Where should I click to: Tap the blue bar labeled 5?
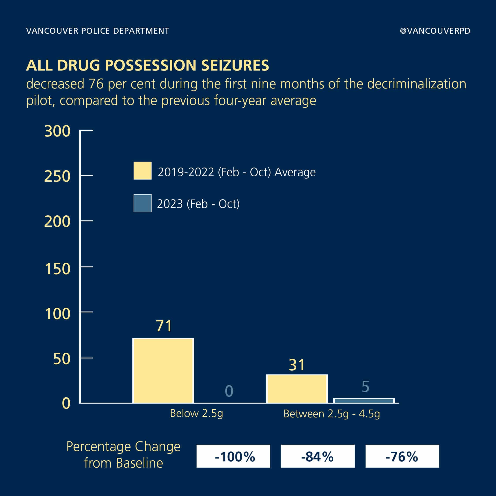click(364, 401)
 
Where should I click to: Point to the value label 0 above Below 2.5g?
click(229, 391)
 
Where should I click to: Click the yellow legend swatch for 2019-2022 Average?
click(142, 170)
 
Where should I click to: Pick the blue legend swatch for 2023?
click(142, 203)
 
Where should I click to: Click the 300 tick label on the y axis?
click(57, 131)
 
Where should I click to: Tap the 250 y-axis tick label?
click(57, 176)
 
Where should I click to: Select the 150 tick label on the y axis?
click(57, 269)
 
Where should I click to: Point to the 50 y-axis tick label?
click(62, 359)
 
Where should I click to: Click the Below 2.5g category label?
click(196, 414)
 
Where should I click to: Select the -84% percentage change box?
click(318, 456)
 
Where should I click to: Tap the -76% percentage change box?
click(402, 456)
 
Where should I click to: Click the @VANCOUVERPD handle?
click(435, 31)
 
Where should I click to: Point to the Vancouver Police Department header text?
click(98, 31)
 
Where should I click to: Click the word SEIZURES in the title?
click(235, 65)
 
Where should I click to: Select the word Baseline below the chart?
click(139, 463)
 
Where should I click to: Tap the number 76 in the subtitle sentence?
click(96, 84)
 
